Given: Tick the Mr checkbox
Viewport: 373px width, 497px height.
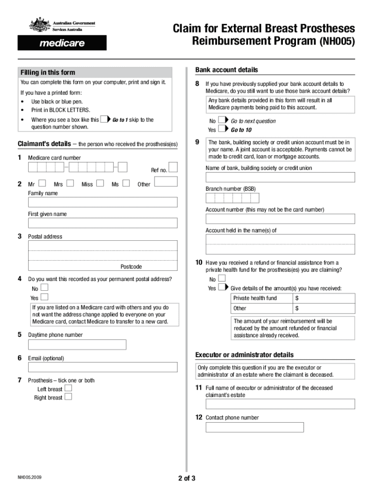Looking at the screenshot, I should (x=42, y=183).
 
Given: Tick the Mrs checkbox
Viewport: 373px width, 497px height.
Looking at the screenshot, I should (x=70, y=183).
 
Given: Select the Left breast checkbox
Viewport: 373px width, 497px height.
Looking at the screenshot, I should (x=68, y=388).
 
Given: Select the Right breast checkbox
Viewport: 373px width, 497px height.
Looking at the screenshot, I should (x=68, y=397).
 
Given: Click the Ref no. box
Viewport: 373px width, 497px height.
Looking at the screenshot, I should (x=173, y=167).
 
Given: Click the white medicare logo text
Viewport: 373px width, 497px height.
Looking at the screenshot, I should (x=62, y=43).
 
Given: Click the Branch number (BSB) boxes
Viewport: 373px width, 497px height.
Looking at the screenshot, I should (x=232, y=198).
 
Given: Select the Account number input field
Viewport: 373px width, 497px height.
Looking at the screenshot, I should (x=280, y=218).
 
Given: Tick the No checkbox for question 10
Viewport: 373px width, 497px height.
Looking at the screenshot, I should (x=222, y=278).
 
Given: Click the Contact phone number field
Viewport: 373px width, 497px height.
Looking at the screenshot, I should (x=254, y=427).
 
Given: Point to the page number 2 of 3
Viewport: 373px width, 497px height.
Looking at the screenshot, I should (x=186, y=479).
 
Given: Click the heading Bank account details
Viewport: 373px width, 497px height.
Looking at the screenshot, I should (x=226, y=70).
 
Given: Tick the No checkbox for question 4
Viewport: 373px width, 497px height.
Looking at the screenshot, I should (x=45, y=288).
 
